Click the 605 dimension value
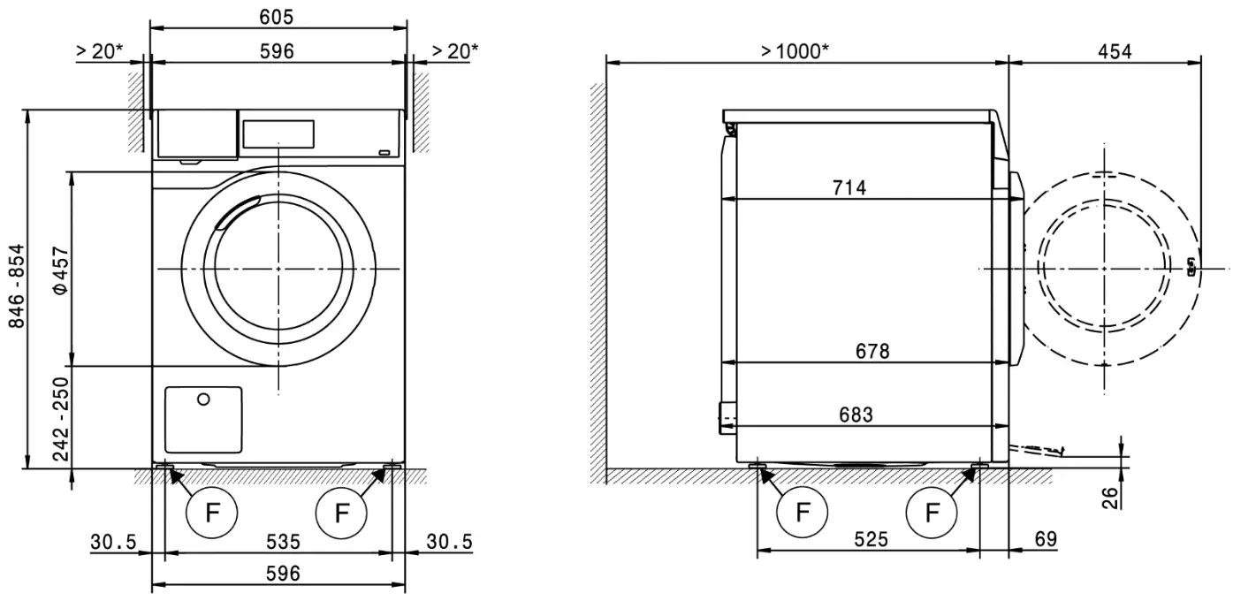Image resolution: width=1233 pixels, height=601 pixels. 277,17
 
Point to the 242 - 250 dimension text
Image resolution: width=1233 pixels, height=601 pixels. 60,418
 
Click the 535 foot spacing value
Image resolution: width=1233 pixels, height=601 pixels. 278,541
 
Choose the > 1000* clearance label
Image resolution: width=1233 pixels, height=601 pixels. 795,51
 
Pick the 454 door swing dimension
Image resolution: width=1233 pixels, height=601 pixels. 1114,51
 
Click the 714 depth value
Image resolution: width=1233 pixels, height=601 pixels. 849,187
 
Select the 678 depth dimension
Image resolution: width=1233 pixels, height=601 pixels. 871,351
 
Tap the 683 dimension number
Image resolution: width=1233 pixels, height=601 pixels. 855,415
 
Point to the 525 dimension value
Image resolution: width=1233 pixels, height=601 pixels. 870,539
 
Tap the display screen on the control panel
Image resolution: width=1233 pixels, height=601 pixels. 278,133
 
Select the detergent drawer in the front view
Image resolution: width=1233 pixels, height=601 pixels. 197,133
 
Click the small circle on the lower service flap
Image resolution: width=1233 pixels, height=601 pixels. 203,400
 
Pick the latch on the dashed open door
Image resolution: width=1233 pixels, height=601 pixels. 1191,267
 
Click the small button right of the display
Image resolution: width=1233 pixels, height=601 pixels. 385,153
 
